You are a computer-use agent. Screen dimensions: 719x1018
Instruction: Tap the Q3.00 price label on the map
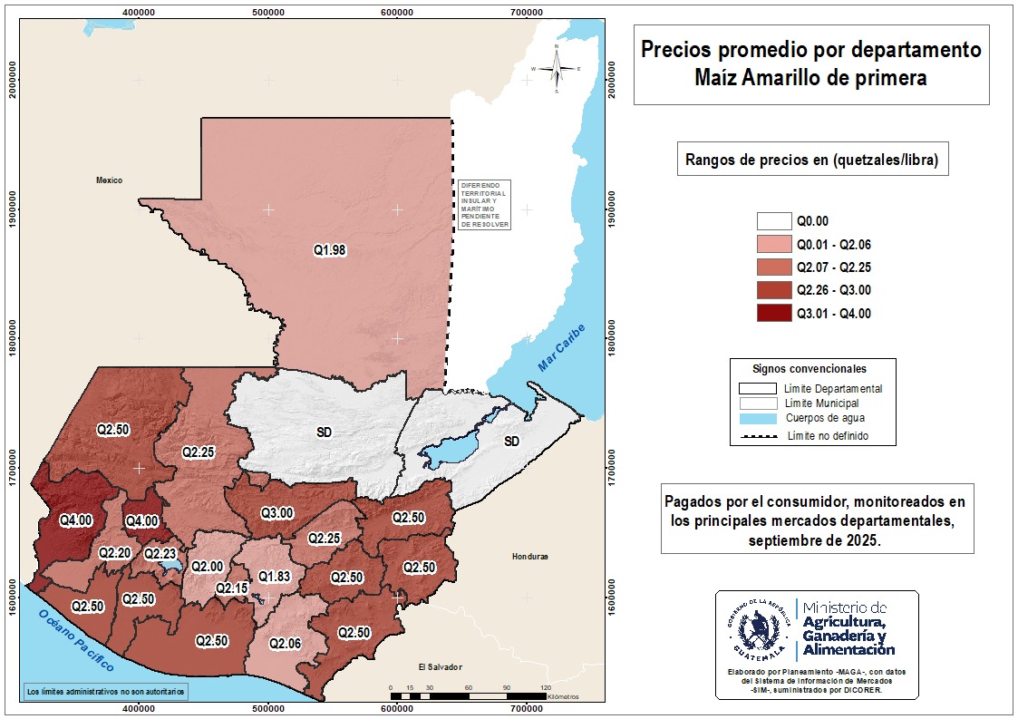(x=276, y=513)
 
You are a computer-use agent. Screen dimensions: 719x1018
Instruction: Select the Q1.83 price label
(x=274, y=577)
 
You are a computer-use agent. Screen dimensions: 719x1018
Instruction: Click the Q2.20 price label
(x=115, y=552)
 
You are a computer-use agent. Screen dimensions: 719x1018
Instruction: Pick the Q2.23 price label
(x=160, y=553)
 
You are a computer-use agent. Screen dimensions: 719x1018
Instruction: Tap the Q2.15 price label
(x=232, y=588)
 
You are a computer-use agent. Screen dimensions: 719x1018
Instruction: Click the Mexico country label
(x=109, y=180)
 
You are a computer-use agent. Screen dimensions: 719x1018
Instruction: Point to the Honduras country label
(x=531, y=556)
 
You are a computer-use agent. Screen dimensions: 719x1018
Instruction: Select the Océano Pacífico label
(x=77, y=641)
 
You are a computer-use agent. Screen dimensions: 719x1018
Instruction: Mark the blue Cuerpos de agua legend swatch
(x=758, y=419)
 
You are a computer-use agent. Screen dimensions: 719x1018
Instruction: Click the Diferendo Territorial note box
(x=484, y=204)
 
